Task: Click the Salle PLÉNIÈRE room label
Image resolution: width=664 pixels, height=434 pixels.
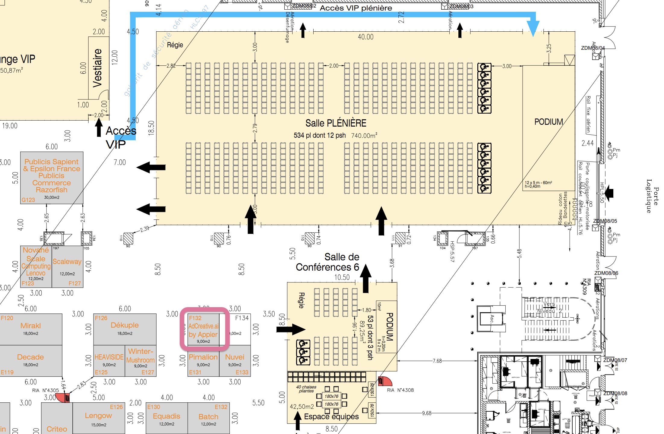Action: click(x=336, y=123)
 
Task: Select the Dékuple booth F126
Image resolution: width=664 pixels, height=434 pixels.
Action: click(x=125, y=329)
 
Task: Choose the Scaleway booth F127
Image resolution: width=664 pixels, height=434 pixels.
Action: click(x=67, y=266)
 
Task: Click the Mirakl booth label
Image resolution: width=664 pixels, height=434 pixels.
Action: click(x=30, y=326)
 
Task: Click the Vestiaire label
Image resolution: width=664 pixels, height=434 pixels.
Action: click(x=97, y=68)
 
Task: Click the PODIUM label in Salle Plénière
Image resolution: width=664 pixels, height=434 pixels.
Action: click(x=549, y=122)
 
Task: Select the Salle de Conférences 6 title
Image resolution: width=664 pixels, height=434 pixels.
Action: click(x=328, y=262)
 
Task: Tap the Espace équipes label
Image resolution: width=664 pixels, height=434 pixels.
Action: click(x=331, y=417)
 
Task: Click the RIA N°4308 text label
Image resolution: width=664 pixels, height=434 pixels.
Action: click(x=400, y=390)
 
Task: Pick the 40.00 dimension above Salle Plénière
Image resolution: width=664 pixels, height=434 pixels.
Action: click(x=365, y=37)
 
